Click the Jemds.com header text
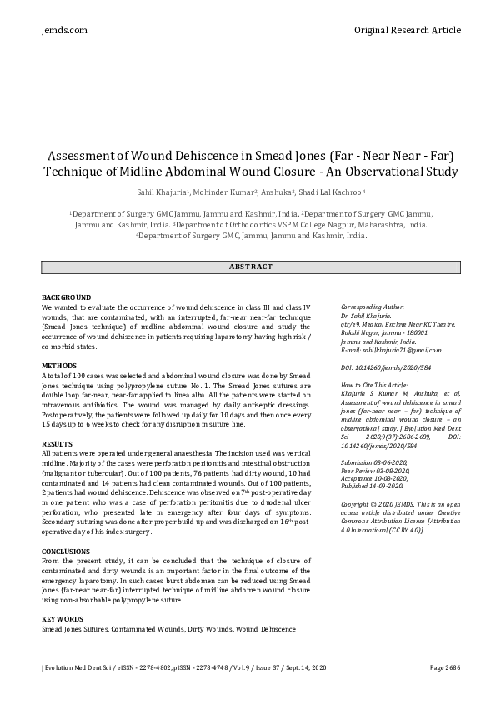coord(64,30)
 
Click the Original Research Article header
coord(407,30)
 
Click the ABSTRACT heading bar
coord(251,267)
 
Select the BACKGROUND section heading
coord(66,297)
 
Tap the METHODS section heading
coord(59,366)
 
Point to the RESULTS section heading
coord(58,443)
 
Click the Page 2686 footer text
coord(445,668)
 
